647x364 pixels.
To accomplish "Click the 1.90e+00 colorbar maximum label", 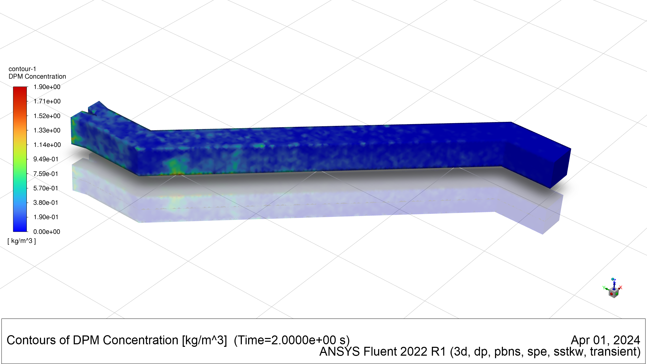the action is point(47,87).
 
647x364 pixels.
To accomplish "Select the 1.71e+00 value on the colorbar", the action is point(47,101).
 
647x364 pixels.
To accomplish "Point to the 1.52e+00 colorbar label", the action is point(47,116).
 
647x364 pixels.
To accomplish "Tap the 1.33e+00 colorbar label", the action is point(47,130).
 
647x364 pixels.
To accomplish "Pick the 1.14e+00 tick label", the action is point(47,145).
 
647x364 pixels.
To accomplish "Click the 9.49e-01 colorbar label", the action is point(46,159).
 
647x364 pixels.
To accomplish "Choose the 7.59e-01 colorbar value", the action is point(46,174).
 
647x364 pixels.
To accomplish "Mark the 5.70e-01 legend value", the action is point(46,188).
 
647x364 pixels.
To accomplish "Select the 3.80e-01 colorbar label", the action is point(46,203).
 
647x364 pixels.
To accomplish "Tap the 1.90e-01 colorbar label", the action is point(46,217).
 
